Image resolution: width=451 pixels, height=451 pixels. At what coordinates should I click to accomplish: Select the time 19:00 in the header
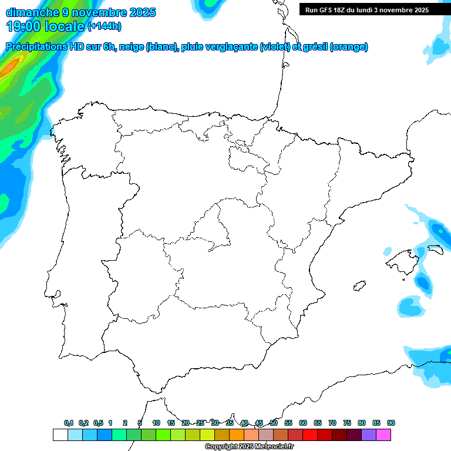(x=26, y=26)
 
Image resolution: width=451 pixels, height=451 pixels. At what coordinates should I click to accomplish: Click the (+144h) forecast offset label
(x=104, y=26)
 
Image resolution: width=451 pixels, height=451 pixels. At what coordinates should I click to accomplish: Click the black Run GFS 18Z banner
(x=367, y=10)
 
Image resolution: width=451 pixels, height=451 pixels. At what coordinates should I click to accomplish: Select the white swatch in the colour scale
(x=60, y=435)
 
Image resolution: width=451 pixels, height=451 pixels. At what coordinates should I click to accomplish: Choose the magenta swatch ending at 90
(x=383, y=435)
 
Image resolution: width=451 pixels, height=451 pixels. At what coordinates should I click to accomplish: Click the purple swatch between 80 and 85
(x=369, y=435)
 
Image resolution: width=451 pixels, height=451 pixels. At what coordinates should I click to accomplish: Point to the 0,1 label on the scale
(x=69, y=423)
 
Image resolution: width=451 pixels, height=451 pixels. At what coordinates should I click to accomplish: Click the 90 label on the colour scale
(x=391, y=423)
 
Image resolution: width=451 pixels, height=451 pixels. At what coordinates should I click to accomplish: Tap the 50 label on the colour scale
(x=274, y=423)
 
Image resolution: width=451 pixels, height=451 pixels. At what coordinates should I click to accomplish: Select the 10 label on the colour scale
(x=156, y=423)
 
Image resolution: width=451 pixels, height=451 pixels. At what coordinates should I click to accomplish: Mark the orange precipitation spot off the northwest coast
(x=9, y=68)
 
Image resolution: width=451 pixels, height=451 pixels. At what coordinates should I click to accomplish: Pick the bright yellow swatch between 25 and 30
(x=207, y=435)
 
